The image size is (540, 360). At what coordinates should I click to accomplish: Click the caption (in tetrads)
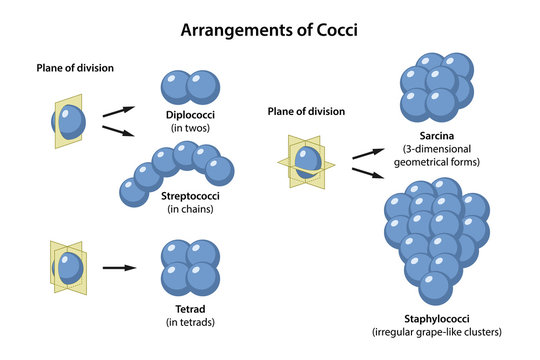189,322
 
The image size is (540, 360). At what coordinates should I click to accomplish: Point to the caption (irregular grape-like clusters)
436,331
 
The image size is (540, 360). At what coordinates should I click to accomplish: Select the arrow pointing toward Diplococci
117,111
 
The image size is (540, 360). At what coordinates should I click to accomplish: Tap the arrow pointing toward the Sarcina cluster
367,152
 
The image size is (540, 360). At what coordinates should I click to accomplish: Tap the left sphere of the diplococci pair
177,88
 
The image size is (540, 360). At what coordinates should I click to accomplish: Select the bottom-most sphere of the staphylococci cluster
435,287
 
